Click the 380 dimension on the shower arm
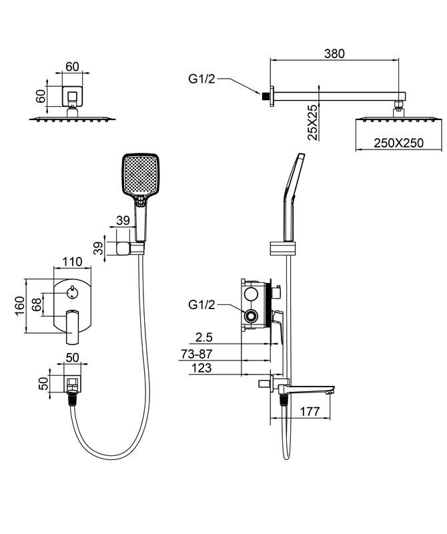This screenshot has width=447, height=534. (336, 53)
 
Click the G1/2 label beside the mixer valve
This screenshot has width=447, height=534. (201, 305)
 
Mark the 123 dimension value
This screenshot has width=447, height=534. (201, 368)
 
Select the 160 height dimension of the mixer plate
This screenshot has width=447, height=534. (19, 305)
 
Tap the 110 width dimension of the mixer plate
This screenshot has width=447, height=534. (71, 261)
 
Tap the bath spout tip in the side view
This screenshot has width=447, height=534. (328, 391)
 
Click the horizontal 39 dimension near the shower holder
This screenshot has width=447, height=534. (122, 221)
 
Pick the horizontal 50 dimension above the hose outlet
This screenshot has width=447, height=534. (71, 357)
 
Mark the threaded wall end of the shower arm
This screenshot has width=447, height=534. (267, 96)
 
